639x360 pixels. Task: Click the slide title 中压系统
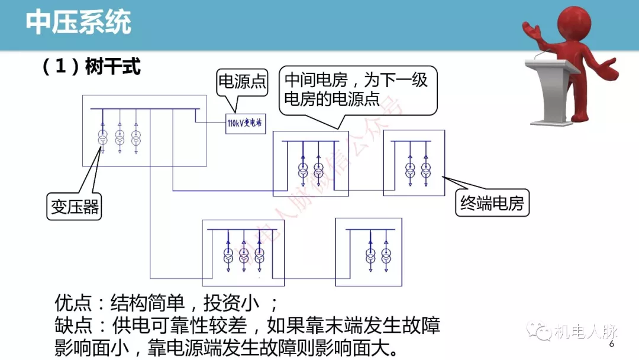click(x=78, y=23)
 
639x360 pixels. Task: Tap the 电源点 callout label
click(x=243, y=81)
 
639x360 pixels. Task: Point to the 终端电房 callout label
click(x=492, y=204)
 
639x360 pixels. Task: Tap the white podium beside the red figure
click(x=550, y=89)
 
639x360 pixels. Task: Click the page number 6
click(x=612, y=344)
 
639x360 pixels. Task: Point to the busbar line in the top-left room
click(x=144, y=110)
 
